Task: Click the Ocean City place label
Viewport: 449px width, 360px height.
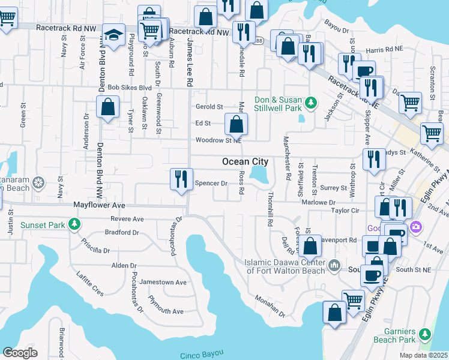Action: [244, 162]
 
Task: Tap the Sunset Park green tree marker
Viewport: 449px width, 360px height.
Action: [74, 225]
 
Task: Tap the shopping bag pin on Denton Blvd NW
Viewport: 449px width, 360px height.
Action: [107, 109]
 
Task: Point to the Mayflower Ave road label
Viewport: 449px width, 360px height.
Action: [99, 205]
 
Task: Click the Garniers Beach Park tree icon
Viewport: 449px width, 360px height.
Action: [426, 334]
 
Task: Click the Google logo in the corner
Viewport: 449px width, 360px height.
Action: [20, 352]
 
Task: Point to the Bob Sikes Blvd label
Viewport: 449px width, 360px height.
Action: [129, 88]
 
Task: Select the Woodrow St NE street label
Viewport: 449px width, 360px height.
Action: [218, 140]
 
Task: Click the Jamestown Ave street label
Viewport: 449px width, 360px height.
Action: [163, 282]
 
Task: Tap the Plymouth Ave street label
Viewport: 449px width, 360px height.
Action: [166, 311]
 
